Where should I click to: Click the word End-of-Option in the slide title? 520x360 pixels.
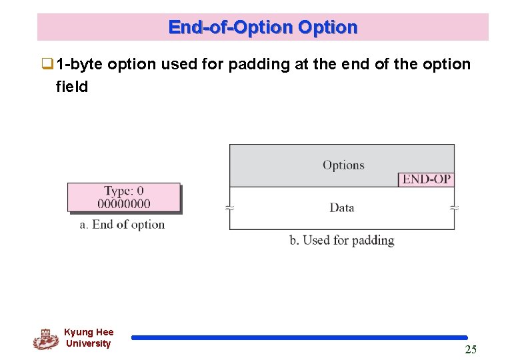[x=231, y=27]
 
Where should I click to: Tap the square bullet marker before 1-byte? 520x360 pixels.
[x=47, y=65]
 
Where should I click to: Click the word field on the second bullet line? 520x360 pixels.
[x=72, y=86]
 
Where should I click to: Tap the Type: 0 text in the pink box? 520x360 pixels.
[x=123, y=192]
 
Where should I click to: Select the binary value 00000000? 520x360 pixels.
[x=124, y=204]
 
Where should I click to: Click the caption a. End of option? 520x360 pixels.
[x=122, y=225]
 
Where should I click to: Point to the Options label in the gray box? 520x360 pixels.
[x=343, y=165]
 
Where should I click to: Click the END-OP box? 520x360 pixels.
[x=426, y=179]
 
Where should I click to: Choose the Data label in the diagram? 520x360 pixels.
[x=341, y=208]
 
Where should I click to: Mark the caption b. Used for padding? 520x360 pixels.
[x=341, y=240]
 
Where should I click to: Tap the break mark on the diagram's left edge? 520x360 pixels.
[x=230, y=208]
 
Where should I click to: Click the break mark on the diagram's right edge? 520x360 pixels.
[x=455, y=208]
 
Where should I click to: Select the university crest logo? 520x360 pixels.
[x=45, y=339]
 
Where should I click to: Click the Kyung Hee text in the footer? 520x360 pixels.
[x=89, y=332]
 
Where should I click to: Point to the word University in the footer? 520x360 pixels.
[x=88, y=343]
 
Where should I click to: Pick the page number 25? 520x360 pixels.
[x=471, y=350]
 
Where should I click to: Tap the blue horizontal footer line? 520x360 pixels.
[x=299, y=338]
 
